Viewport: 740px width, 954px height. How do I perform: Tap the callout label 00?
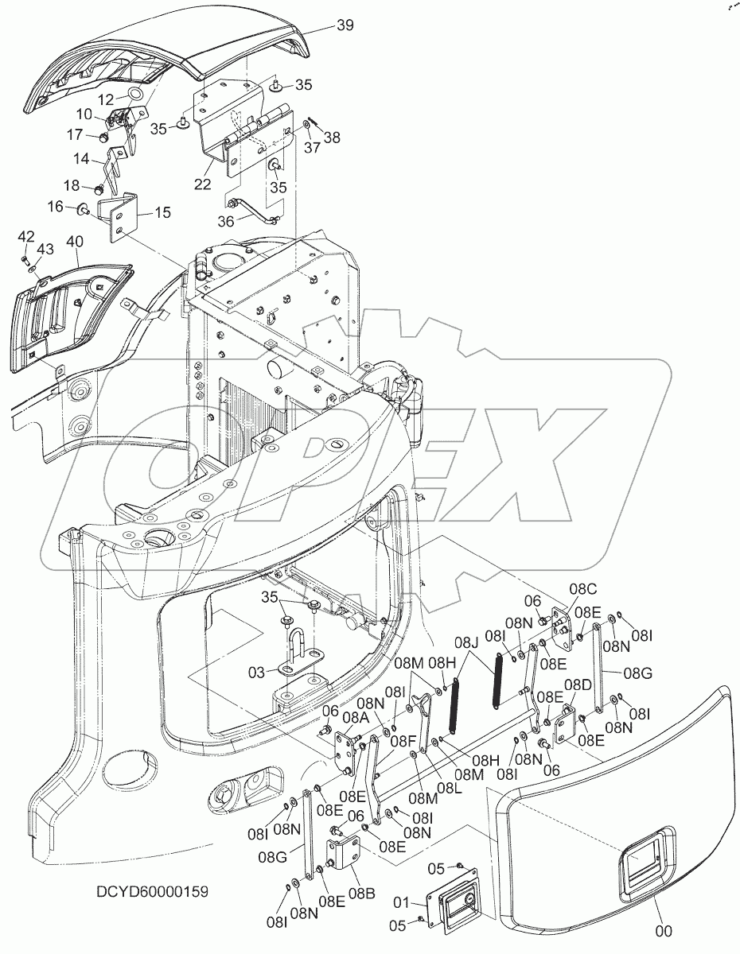point(664,930)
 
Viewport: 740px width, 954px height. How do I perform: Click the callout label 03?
point(255,673)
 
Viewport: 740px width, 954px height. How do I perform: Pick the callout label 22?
point(202,184)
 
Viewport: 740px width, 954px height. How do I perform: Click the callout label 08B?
point(360,894)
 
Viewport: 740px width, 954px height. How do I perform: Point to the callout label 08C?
point(581,589)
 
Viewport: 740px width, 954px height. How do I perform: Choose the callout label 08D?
point(578,684)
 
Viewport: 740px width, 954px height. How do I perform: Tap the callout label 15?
point(162,213)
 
